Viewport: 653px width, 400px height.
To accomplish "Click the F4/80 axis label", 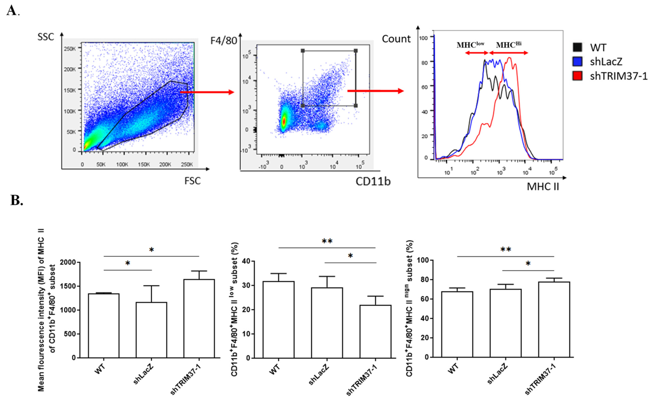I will click(x=223, y=41).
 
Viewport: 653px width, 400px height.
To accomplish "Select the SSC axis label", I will click(x=46, y=37).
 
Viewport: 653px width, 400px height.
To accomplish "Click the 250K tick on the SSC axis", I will click(x=70, y=49).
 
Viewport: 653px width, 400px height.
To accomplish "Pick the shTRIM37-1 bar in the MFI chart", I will click(x=199, y=318).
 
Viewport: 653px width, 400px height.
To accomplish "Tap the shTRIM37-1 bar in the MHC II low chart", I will click(x=375, y=331).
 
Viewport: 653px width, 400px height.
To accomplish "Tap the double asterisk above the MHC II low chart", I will click(x=327, y=241).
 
